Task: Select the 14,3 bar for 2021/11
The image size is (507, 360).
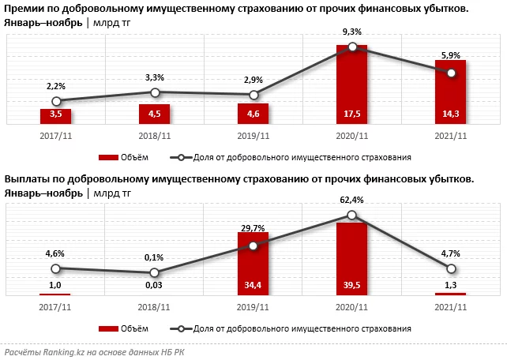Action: (x=450, y=93)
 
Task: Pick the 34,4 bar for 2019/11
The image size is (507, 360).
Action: (x=253, y=264)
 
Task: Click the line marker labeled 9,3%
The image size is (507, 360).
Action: (x=352, y=47)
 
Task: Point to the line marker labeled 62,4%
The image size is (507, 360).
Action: (x=352, y=215)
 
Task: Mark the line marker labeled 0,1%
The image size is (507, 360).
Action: (x=155, y=273)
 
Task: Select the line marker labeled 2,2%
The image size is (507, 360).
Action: (x=56, y=101)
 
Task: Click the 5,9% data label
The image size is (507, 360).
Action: (x=450, y=55)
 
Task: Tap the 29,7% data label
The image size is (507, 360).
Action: (x=253, y=228)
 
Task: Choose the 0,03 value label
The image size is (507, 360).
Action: (x=155, y=285)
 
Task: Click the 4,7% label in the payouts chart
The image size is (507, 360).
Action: (x=450, y=253)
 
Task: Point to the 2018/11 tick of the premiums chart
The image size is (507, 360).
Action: (x=155, y=136)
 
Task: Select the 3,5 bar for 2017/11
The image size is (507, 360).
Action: (x=56, y=116)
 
